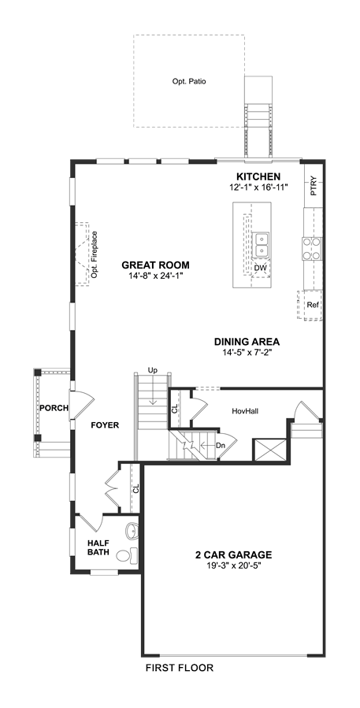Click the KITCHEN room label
pos(259,176)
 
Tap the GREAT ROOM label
pos(155,265)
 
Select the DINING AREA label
pos(247,341)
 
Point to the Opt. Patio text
pos(189,82)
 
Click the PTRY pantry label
pos(314,186)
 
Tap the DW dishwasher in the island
pos(261,269)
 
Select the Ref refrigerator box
pos(313,305)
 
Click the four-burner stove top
pos(312,248)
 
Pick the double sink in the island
pos(262,245)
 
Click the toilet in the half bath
pos(128,555)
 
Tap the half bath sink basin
pos(131,530)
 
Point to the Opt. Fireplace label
pos(95,254)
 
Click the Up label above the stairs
pos(153,370)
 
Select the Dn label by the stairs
pos(221,445)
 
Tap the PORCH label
pos(54,408)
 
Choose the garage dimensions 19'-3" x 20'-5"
pos(233,565)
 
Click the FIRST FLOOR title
pos(180,668)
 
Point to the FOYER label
pos(105,425)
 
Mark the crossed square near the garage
pos(269,450)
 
